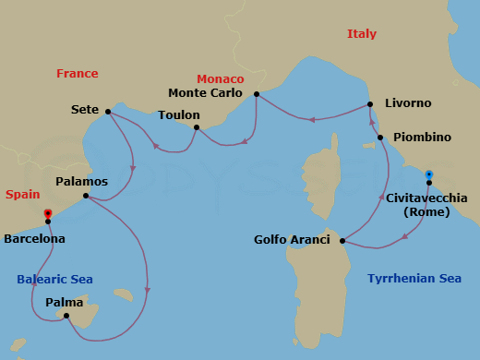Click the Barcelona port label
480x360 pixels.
pyautogui.click(x=35, y=238)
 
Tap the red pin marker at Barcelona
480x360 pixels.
pyautogui.click(x=47, y=214)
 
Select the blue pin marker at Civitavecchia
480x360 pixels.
pyautogui.click(x=429, y=174)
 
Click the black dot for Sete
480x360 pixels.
pyautogui.click(x=108, y=112)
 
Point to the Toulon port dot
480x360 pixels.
pyautogui.click(x=197, y=127)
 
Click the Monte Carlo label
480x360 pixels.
pyautogui.click(x=206, y=93)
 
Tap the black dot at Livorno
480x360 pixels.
pyautogui.click(x=370, y=104)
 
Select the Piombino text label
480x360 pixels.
pyautogui.click(x=422, y=138)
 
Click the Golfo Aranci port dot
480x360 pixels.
pyautogui.click(x=342, y=242)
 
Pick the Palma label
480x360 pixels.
pyautogui.click(x=64, y=302)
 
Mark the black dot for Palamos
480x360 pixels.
pyautogui.click(x=86, y=196)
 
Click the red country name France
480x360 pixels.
pyautogui.click(x=77, y=74)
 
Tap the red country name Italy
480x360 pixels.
pyautogui.click(x=362, y=34)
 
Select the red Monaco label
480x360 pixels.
pyautogui.click(x=220, y=79)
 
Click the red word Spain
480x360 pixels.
pyautogui.click(x=22, y=195)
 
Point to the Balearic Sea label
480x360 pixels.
pyautogui.click(x=54, y=280)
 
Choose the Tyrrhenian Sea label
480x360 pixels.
pyautogui.click(x=414, y=278)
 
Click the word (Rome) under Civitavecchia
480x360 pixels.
pyautogui.click(x=426, y=211)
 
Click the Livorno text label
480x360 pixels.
pyautogui.click(x=409, y=103)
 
